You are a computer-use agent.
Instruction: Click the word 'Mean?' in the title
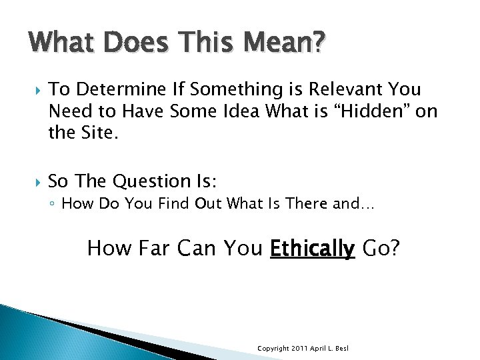285,44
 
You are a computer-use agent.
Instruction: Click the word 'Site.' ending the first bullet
99,132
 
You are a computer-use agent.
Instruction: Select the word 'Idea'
251,111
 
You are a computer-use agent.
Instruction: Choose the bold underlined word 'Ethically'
312,249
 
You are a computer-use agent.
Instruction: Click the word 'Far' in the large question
155,249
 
